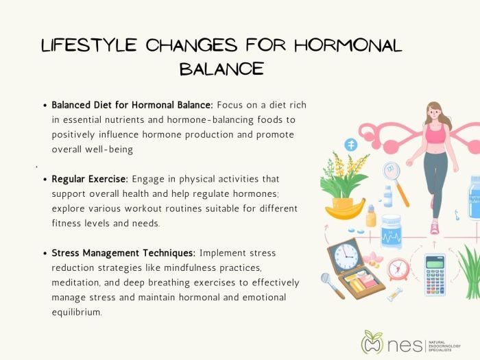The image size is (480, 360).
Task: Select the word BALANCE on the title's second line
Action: (221, 69)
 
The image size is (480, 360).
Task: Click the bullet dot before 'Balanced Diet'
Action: (45, 106)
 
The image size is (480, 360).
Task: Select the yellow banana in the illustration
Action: (346, 209)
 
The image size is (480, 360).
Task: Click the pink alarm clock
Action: (398, 268)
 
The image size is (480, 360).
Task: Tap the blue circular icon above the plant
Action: (351, 145)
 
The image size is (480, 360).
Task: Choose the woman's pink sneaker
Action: (434, 228)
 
